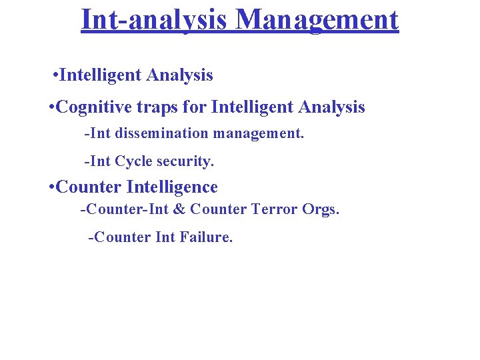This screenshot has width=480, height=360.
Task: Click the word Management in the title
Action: pyautogui.click(x=317, y=20)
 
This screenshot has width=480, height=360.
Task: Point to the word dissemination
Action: pyautogui.click(x=161, y=133)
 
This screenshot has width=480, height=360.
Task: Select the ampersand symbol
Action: pyautogui.click(x=179, y=209)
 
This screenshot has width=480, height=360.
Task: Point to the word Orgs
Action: pyautogui.click(x=321, y=209)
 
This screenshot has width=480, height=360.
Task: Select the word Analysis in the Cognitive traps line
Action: pyautogui.click(x=332, y=107)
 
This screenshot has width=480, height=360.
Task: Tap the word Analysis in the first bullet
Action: pyautogui.click(x=179, y=75)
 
